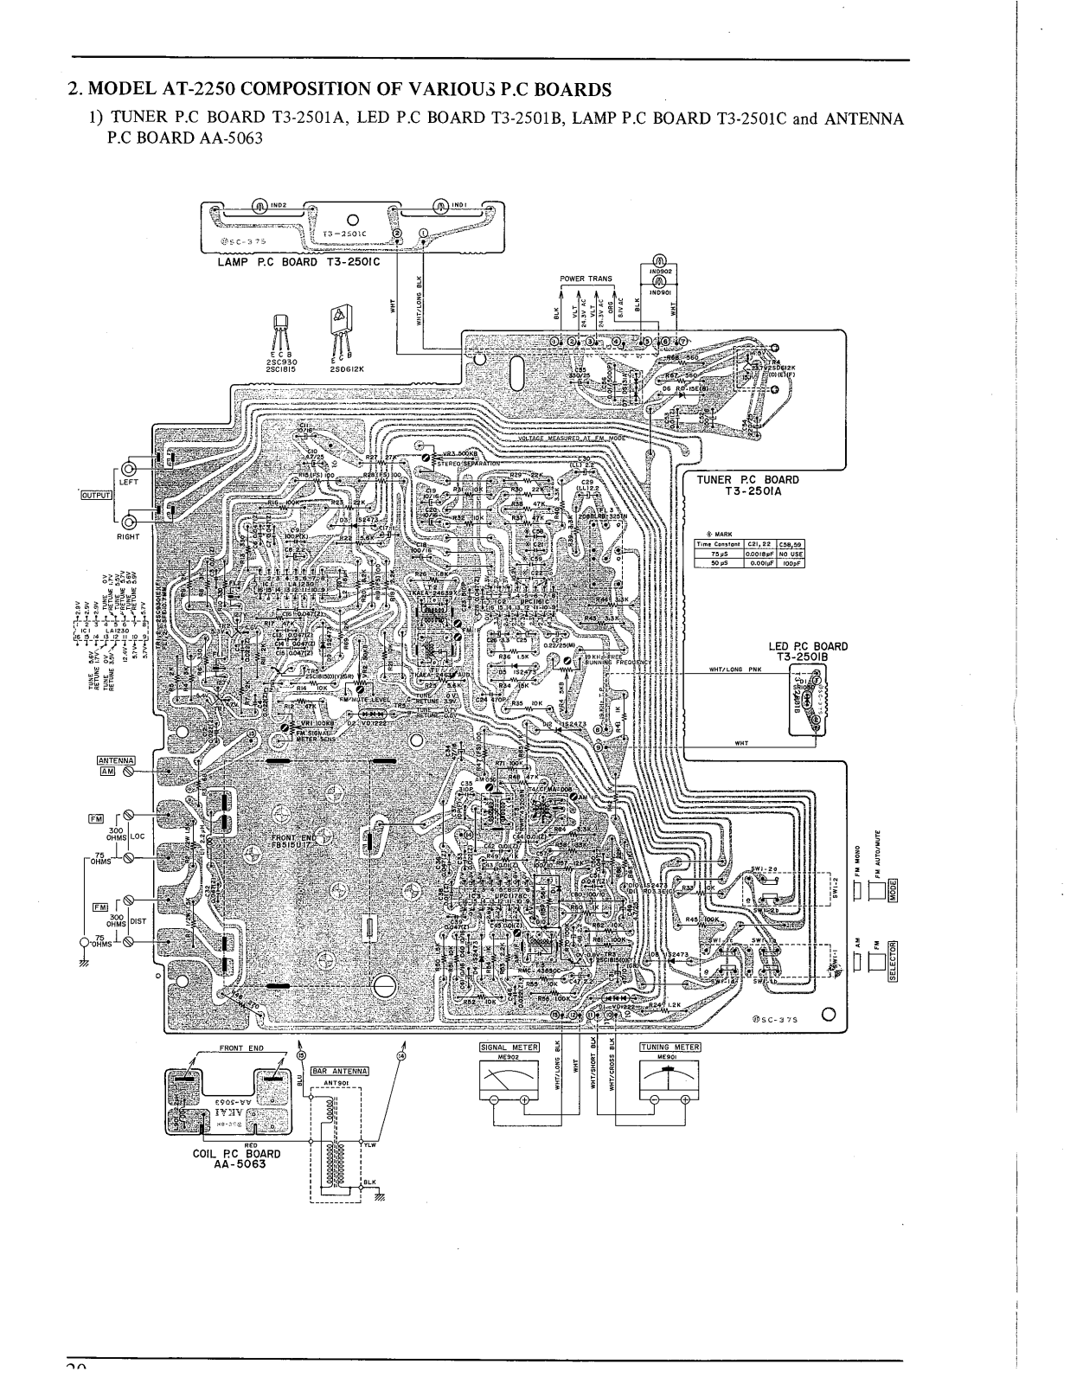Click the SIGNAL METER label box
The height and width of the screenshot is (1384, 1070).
(509, 1047)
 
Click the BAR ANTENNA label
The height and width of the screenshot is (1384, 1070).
(340, 1071)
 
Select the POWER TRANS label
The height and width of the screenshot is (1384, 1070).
(586, 279)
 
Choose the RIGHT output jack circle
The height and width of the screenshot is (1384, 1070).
(131, 522)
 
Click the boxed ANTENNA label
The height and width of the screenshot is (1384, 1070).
(115, 760)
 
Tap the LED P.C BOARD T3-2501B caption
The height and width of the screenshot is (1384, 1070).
(808, 651)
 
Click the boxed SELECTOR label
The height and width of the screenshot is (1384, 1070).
(896, 961)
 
